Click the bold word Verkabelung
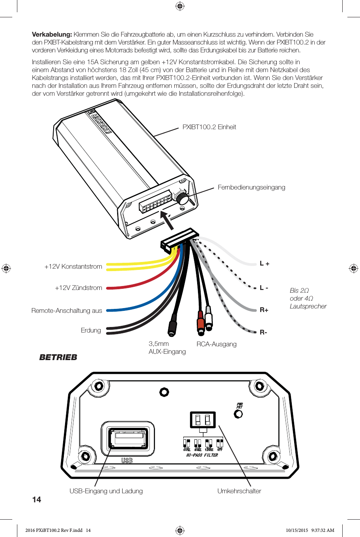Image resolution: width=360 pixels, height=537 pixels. coord(52,34)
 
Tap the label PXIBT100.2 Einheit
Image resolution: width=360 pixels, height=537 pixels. coord(209,127)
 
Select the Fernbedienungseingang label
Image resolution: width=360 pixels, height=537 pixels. coord(251,187)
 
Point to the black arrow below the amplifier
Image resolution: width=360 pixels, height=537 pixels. coord(167,219)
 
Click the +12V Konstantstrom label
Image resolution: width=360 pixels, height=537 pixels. coord(73,266)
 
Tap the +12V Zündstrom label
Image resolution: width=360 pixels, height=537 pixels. coord(78,288)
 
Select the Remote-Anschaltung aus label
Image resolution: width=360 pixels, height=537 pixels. coord(67,310)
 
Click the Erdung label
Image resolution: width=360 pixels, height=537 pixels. coord(91,330)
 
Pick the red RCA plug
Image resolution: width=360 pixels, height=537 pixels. coord(201,323)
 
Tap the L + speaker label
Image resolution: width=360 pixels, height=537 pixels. coord(265,264)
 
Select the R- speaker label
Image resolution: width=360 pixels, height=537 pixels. coord(263,332)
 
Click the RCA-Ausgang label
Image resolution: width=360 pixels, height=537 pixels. coord(216,344)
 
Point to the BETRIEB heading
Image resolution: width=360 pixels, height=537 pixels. coord(58,357)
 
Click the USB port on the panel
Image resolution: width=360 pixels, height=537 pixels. coord(128,439)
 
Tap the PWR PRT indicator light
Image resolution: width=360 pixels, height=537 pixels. coord(238,414)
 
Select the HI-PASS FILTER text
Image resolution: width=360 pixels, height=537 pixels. coord(202,455)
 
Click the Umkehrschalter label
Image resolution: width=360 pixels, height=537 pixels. coord(239,491)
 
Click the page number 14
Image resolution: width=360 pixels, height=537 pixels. coord(37,500)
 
